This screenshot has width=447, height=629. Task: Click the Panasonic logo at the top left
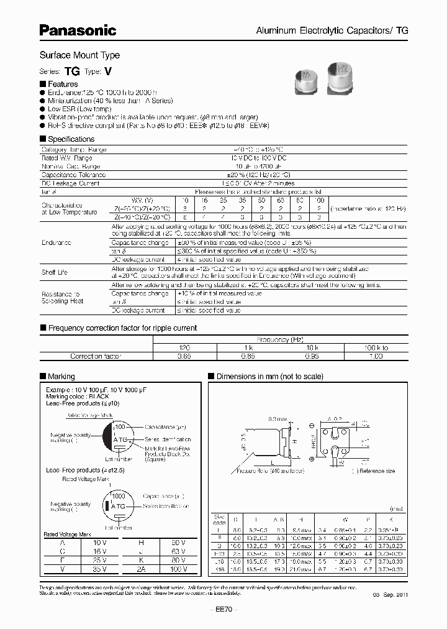(78, 29)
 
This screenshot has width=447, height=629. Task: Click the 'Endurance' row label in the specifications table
(56, 242)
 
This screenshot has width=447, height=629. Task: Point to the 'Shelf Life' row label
(55, 272)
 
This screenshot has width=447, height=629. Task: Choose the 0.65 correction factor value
(184, 356)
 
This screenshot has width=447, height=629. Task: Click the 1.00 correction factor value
(376, 356)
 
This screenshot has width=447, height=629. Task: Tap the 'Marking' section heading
(61, 376)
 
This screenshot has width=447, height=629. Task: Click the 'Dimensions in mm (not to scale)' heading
(269, 376)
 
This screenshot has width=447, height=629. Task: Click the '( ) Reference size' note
(373, 471)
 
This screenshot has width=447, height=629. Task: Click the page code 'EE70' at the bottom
(223, 610)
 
